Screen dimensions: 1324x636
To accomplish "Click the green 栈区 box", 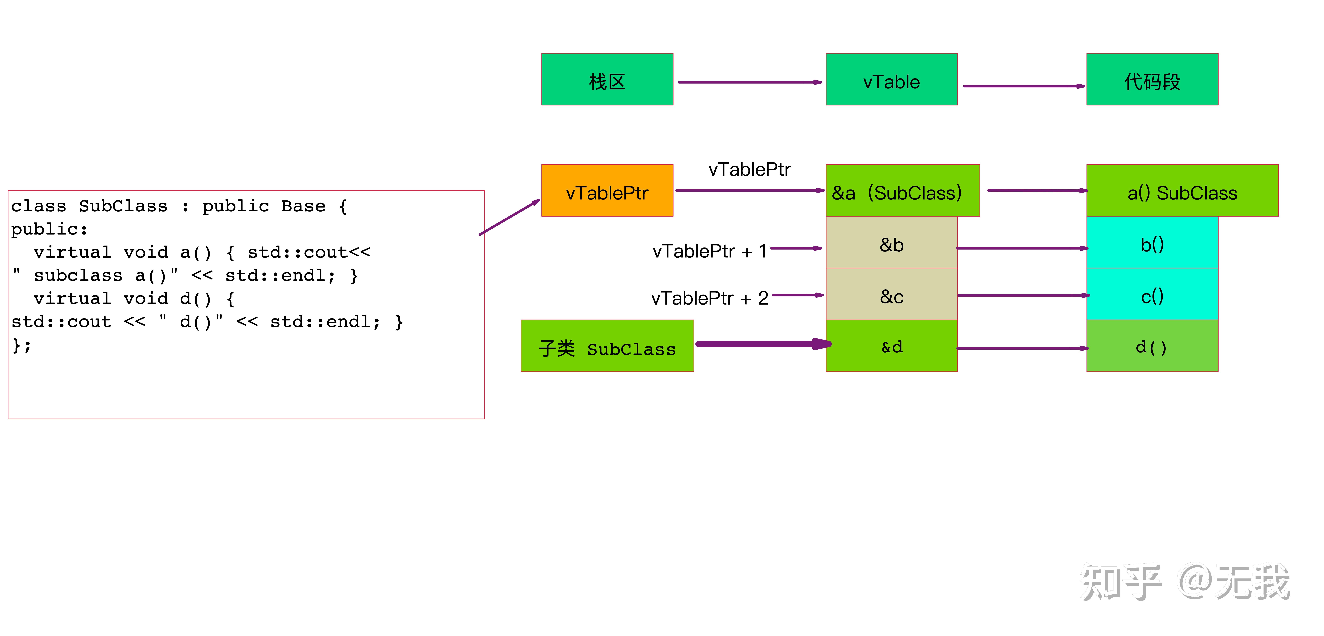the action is tap(607, 79).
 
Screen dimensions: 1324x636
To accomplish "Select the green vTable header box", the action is tap(891, 79).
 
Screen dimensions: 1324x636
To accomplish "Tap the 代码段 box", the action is tap(1152, 79).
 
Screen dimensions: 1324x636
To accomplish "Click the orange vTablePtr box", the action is tap(607, 191).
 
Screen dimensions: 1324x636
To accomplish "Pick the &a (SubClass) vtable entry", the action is tap(902, 191).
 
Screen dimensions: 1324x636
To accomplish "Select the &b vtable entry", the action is tap(891, 242).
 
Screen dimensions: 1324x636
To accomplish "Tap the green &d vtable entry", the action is tap(891, 346).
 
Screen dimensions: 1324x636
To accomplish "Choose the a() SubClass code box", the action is tap(1182, 191).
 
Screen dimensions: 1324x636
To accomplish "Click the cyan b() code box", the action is tap(1152, 242).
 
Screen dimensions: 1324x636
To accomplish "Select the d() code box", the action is tap(1152, 346).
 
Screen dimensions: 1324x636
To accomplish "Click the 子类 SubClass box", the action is tap(607, 346).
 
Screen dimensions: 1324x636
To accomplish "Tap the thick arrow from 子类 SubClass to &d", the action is tap(763, 344).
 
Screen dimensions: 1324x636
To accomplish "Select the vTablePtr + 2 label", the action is tap(709, 298).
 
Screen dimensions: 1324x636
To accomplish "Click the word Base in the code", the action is tap(303, 206).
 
